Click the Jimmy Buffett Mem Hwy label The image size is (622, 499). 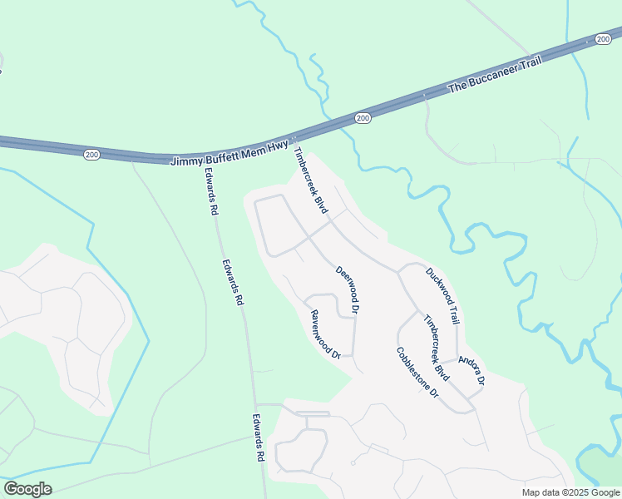(229, 152)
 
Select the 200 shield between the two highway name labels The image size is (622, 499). (362, 119)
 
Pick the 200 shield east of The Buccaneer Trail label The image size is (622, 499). (603, 38)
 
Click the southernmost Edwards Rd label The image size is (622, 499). (259, 438)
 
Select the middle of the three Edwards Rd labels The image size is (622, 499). (233, 282)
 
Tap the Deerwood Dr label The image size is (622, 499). (348, 289)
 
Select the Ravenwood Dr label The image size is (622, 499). (326, 334)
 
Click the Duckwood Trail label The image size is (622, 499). (442, 295)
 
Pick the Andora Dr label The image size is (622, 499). (471, 371)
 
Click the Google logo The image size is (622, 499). (27, 489)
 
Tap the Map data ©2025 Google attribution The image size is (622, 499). (570, 492)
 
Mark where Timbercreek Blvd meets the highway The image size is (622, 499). (294, 143)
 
